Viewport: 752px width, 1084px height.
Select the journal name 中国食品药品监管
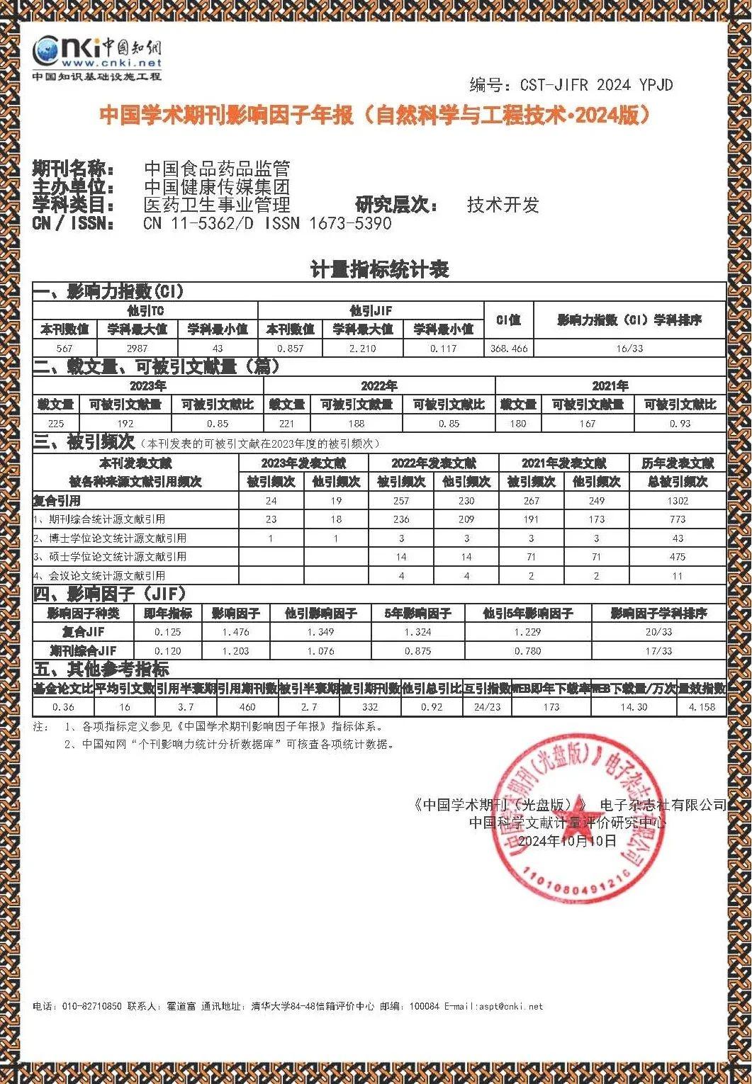point(217,169)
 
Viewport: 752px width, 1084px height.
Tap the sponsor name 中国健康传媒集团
point(217,187)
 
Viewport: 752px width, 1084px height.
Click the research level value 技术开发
point(503,205)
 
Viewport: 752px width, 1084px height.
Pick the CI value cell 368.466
point(509,349)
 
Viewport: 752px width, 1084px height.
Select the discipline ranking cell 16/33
point(629,349)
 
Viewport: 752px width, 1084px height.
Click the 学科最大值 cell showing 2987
point(137,349)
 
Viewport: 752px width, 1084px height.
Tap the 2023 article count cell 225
point(56,424)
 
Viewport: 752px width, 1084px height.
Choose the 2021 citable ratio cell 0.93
point(680,424)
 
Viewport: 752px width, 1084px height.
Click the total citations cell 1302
point(678,501)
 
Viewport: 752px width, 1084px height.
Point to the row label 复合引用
point(57,501)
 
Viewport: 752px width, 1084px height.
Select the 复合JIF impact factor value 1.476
point(236,632)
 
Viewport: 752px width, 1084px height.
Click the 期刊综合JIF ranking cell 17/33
point(658,651)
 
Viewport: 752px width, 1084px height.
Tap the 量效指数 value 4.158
point(702,707)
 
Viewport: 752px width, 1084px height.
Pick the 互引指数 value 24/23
point(487,707)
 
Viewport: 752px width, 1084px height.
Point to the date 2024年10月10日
point(567,841)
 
